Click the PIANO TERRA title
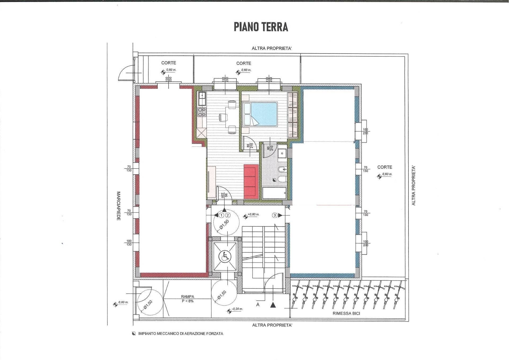coord(261,27)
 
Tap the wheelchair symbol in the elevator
coord(225,257)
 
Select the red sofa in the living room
coord(251,181)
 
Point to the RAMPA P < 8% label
coord(187,299)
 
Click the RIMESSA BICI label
coord(346,313)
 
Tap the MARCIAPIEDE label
coord(119,206)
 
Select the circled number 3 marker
coord(275,215)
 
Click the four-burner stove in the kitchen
coord(202,112)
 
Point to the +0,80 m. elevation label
coord(253,214)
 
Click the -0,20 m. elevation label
coord(237,309)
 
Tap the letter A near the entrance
coord(258,305)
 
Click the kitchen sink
coord(202,98)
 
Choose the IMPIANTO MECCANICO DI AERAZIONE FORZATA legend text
coord(181,333)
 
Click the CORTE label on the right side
coord(385,167)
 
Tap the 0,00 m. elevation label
coord(123,302)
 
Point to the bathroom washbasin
coord(282,152)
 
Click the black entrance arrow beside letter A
coord(273,305)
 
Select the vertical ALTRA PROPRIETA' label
coord(413,186)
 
